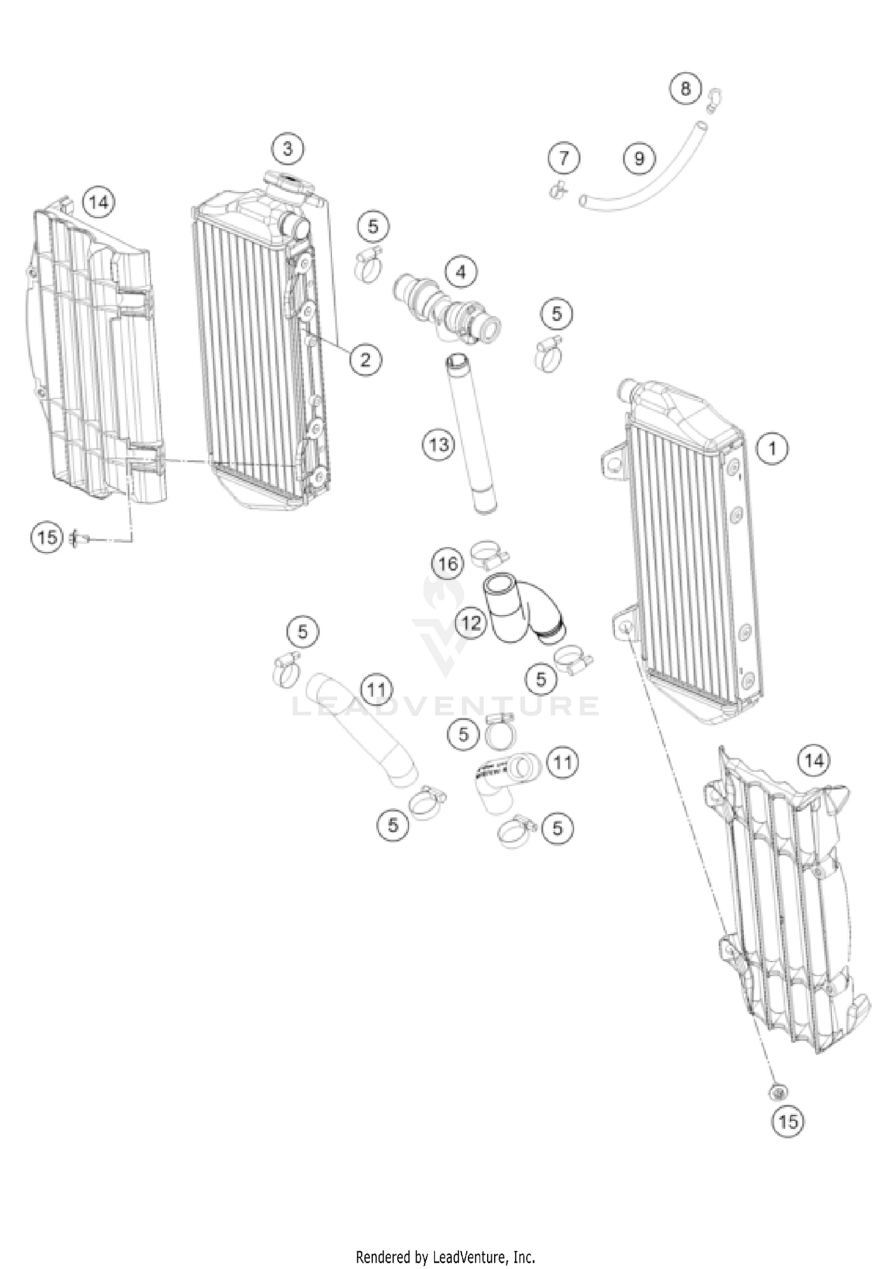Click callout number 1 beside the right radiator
click(x=772, y=448)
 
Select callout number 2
click(x=365, y=359)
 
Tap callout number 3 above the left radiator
click(x=288, y=148)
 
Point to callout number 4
click(x=461, y=272)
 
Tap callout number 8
click(x=686, y=89)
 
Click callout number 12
click(x=471, y=624)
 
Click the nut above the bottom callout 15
click(x=777, y=1092)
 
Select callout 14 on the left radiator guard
click(x=99, y=203)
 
